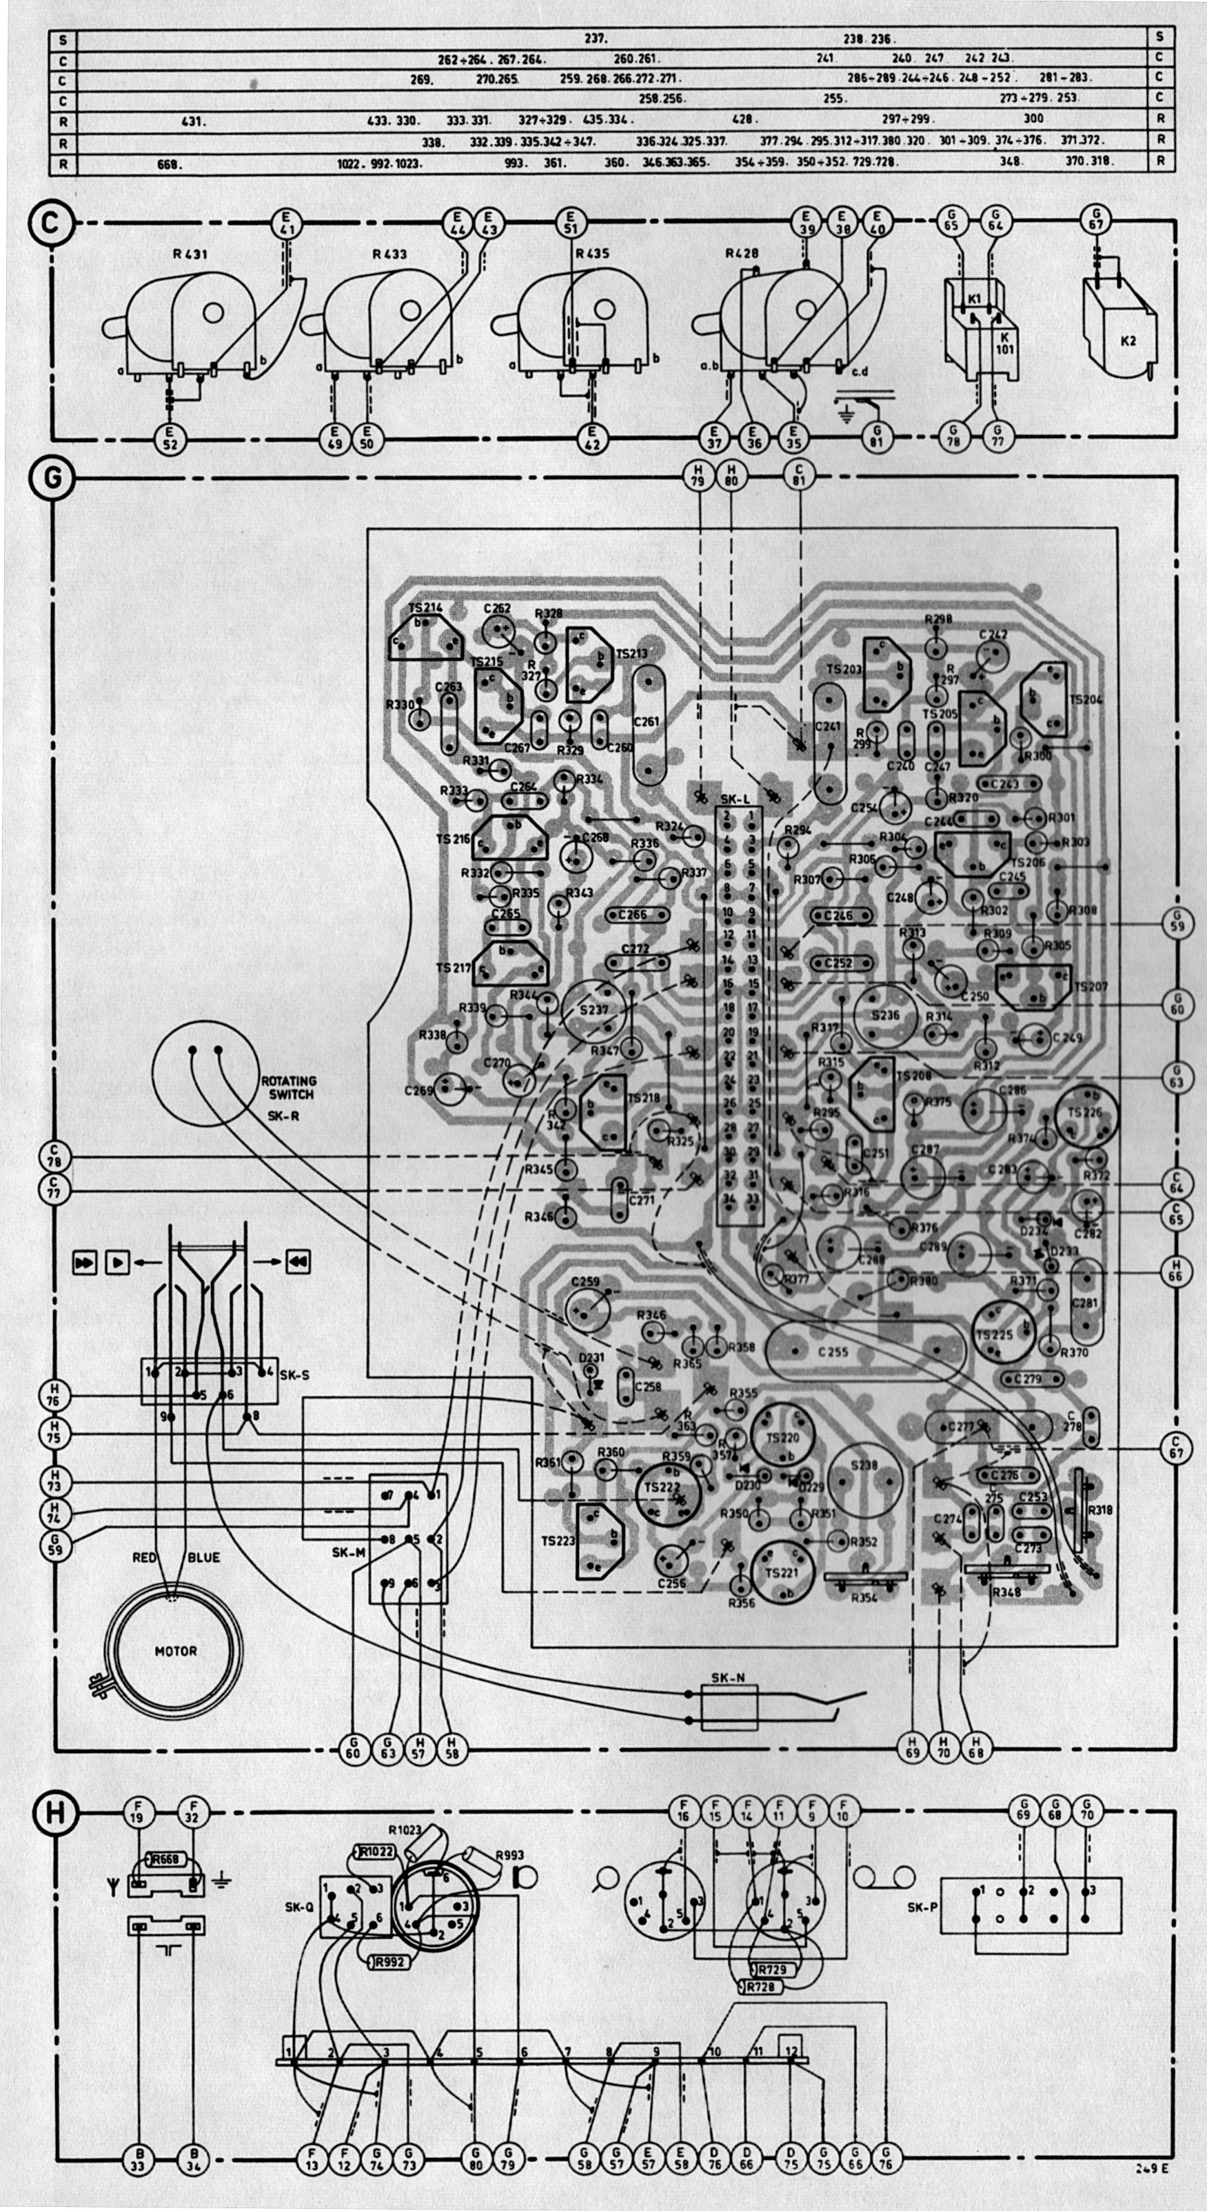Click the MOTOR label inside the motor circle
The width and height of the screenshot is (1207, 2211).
(175, 1650)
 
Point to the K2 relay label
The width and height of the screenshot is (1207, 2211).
(1128, 341)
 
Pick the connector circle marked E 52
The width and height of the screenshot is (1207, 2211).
(171, 439)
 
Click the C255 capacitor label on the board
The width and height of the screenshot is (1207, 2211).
(832, 1352)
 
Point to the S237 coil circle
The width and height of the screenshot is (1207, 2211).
(594, 1010)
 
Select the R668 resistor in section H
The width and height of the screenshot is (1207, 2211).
(165, 1858)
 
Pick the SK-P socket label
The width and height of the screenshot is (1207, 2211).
(920, 1908)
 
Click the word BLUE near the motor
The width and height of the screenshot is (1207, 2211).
(203, 1554)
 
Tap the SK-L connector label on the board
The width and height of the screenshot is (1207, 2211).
(736, 799)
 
